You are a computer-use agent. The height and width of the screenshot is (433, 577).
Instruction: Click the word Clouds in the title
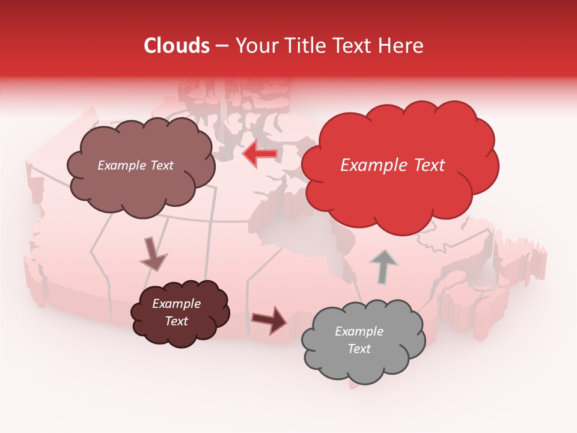177,46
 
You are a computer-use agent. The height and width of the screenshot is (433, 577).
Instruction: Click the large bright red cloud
400,180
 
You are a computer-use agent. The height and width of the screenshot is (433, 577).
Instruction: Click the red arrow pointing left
260,154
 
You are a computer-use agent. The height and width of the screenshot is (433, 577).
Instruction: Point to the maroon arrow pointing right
269,319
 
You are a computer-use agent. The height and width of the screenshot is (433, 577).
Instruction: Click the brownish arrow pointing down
153,254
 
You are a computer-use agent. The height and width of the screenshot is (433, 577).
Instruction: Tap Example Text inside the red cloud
392,165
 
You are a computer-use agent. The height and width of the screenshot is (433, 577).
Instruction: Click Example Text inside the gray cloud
359,340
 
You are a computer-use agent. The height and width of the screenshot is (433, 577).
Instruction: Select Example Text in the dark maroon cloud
176,312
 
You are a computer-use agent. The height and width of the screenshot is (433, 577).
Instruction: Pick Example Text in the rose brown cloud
135,165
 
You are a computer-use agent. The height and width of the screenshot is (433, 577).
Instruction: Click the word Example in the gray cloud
359,331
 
